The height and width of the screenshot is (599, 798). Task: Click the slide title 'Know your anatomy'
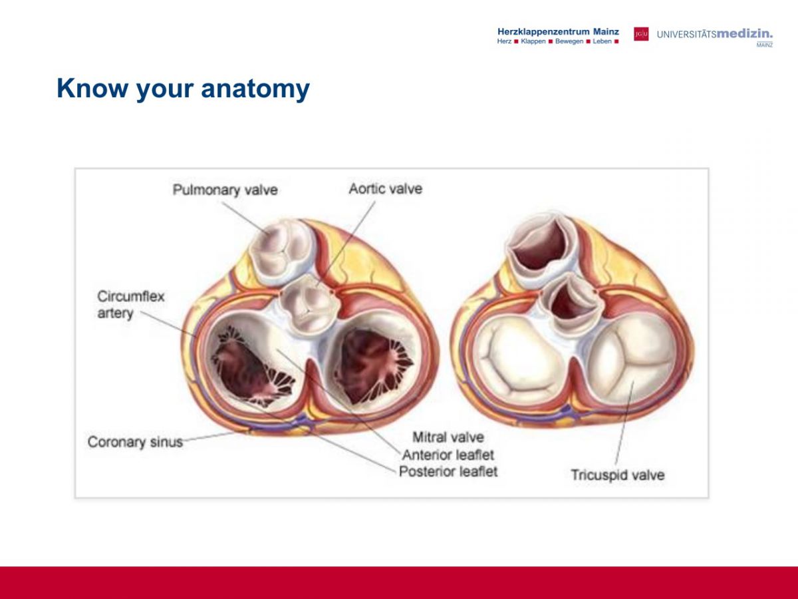pyautogui.click(x=184, y=89)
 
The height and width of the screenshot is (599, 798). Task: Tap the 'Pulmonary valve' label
pyautogui.click(x=225, y=190)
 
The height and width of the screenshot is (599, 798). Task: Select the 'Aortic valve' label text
pyautogui.click(x=385, y=189)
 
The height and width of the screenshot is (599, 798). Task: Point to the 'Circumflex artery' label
pyautogui.click(x=131, y=304)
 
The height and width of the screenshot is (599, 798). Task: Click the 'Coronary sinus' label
pyautogui.click(x=135, y=442)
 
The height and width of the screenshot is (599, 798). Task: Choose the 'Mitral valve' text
pyautogui.click(x=448, y=437)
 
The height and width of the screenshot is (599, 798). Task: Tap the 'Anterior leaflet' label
pyautogui.click(x=448, y=455)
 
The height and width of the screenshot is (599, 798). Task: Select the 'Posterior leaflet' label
pyautogui.click(x=448, y=472)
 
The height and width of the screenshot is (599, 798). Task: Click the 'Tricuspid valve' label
pyautogui.click(x=618, y=475)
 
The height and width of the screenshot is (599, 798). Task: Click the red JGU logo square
pyautogui.click(x=641, y=34)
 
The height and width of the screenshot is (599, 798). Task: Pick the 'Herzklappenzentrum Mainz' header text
pyautogui.click(x=558, y=32)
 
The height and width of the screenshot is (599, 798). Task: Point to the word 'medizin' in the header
pyautogui.click(x=744, y=34)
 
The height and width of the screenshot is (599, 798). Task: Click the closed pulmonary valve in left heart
pyautogui.click(x=282, y=251)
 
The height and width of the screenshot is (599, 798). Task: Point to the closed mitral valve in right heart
pyautogui.click(x=521, y=360)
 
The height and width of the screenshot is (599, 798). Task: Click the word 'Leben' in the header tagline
pyautogui.click(x=602, y=41)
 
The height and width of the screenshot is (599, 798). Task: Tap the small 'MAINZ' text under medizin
pyautogui.click(x=765, y=45)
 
